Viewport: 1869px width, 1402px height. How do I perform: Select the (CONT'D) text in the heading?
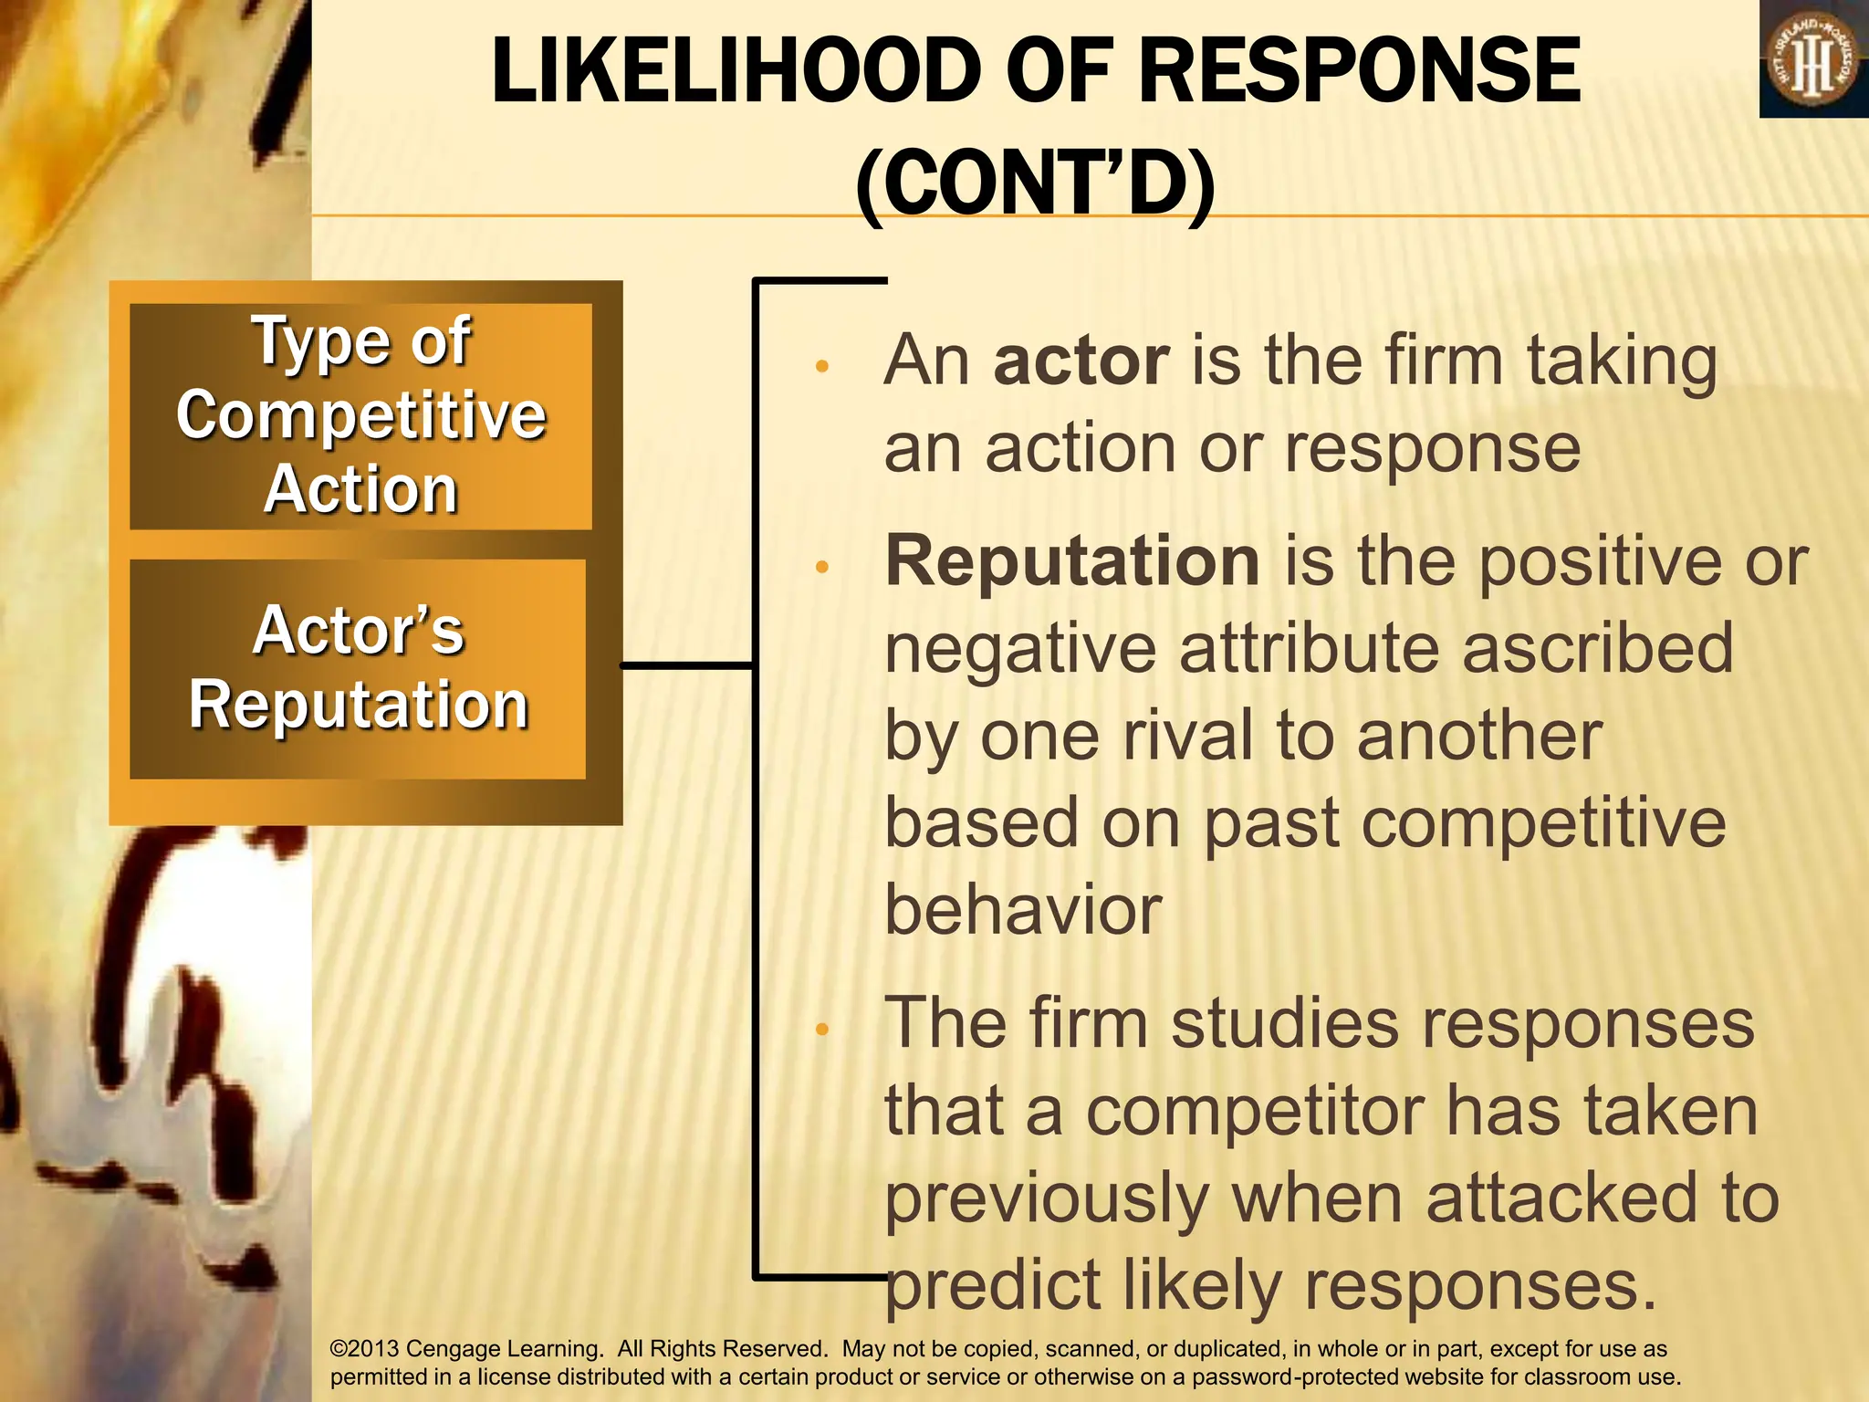1036,185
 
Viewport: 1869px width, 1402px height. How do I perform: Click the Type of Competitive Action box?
360,416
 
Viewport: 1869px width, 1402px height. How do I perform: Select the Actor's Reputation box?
358,668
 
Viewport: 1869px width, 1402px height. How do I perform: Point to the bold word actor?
1081,361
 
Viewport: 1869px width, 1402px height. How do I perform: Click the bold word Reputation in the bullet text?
1073,561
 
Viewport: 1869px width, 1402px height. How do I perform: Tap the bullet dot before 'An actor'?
821,367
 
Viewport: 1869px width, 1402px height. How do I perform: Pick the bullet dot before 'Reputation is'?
821,568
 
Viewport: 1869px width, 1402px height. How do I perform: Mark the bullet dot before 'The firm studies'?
821,1030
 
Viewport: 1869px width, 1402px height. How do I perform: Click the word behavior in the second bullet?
1022,910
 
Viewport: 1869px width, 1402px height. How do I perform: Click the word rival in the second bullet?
1190,736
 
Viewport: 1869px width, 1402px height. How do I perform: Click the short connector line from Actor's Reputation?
686,665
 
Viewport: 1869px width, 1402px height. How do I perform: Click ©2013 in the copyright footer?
363,1349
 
